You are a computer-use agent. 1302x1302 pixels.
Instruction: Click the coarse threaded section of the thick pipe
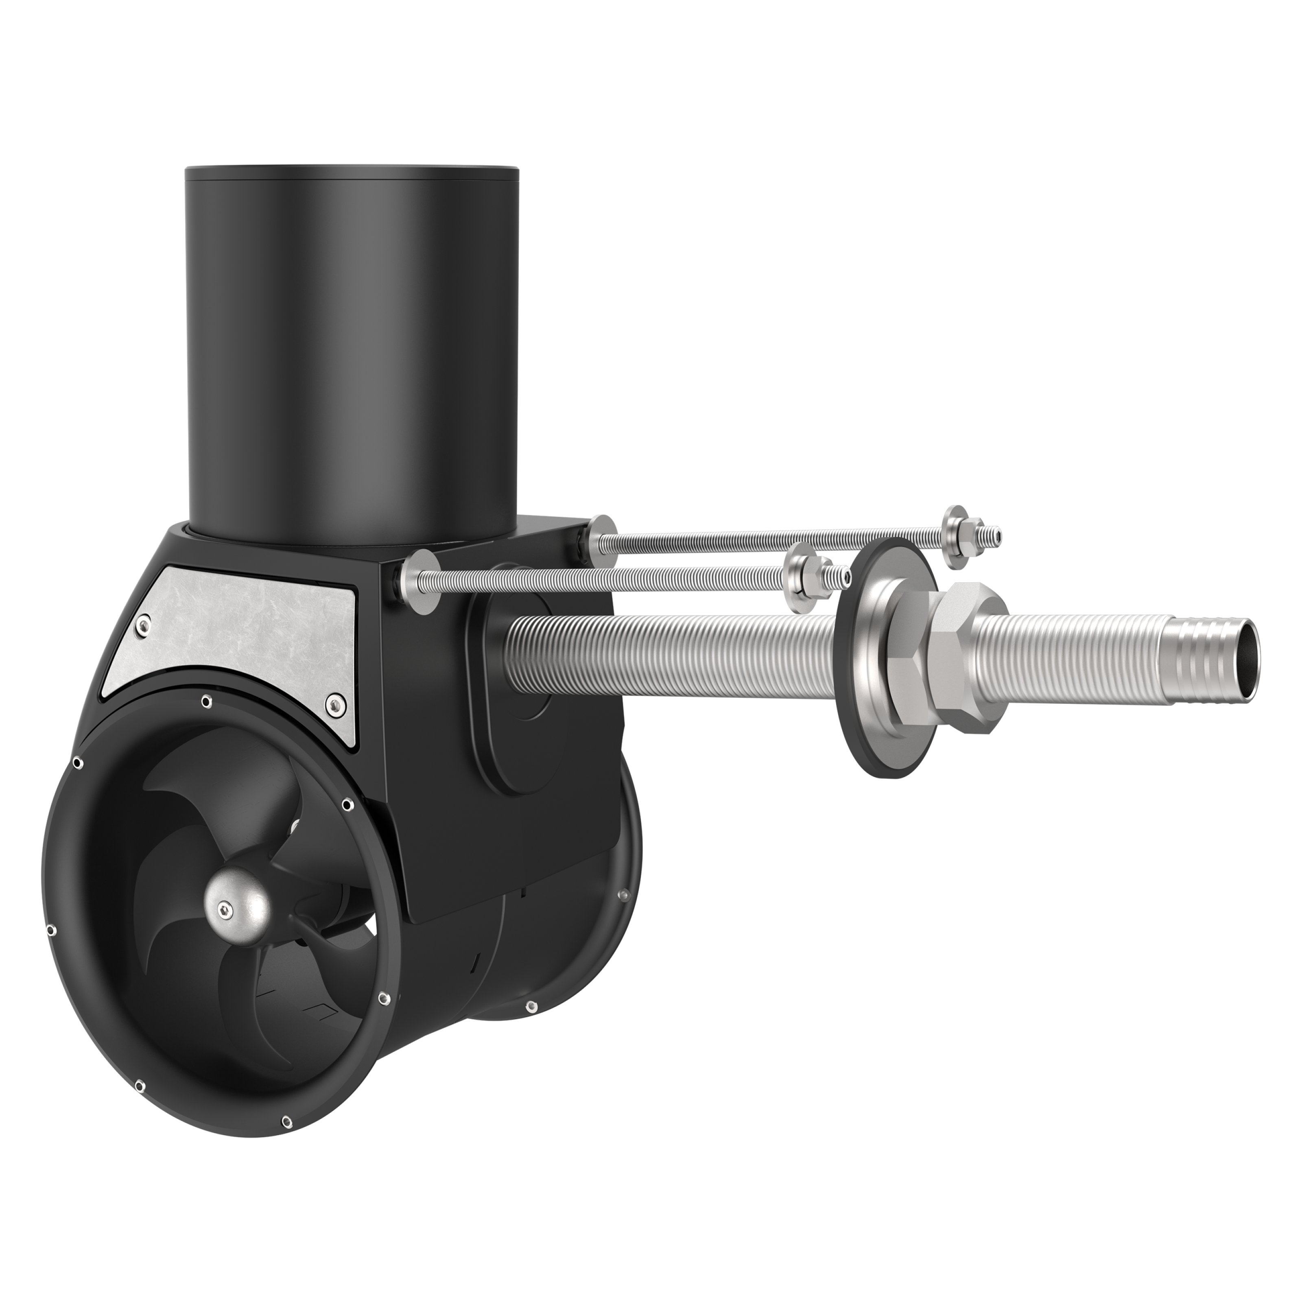[674, 647]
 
